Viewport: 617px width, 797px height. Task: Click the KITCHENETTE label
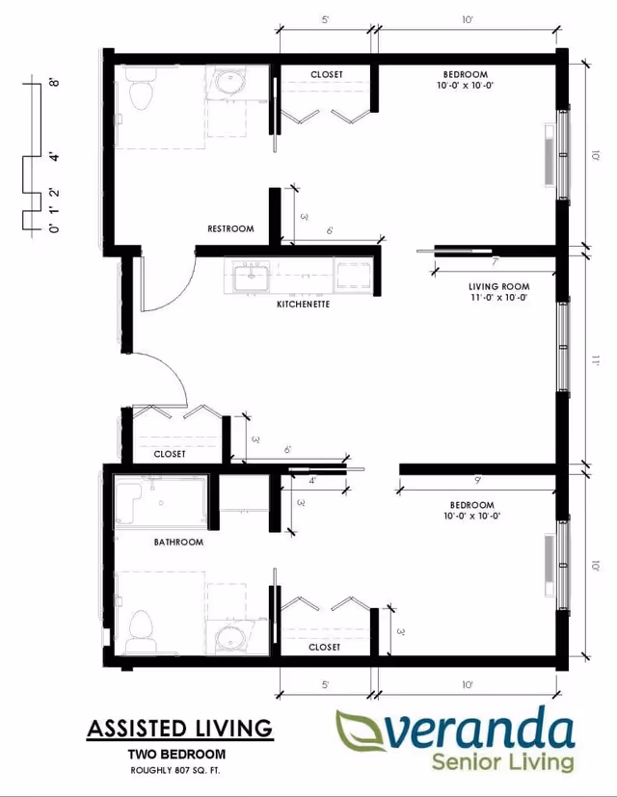coord(304,304)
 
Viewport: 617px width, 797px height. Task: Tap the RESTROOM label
coord(230,228)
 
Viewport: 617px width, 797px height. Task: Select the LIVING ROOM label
coord(498,286)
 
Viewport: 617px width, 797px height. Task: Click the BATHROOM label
coord(178,543)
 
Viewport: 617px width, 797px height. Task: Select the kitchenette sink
coord(252,279)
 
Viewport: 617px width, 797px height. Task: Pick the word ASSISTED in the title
coord(131,728)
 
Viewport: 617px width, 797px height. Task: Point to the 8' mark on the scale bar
coord(55,83)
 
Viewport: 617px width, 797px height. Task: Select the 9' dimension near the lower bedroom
coord(478,479)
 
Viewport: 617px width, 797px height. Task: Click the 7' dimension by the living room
coord(495,261)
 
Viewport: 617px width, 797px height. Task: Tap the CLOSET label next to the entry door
coord(170,454)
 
